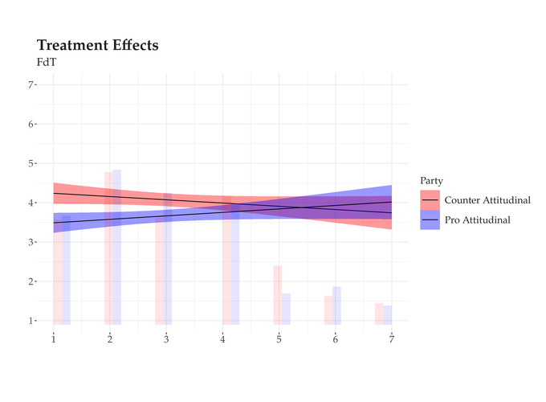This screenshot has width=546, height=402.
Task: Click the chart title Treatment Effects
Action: (x=97, y=45)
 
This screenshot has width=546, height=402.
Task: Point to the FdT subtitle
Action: (x=47, y=63)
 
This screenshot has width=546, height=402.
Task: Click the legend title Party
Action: (x=431, y=181)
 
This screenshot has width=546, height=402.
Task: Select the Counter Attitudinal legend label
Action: (x=487, y=200)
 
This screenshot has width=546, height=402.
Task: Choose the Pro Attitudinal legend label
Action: (x=478, y=220)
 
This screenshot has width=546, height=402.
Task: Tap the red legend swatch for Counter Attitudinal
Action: (x=430, y=200)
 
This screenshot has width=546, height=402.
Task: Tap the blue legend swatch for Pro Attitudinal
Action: (x=430, y=220)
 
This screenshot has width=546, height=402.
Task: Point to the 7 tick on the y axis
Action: (x=31, y=84)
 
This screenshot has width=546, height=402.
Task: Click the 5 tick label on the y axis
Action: (x=31, y=163)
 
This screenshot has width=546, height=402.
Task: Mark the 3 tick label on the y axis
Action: (x=31, y=242)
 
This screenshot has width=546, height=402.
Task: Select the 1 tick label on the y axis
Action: (x=31, y=321)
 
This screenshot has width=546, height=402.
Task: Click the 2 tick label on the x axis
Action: (x=110, y=339)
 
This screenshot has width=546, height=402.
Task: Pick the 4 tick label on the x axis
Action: (x=222, y=339)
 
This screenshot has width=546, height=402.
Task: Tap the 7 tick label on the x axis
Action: (x=392, y=339)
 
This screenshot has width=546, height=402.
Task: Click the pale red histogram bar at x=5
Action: (x=278, y=295)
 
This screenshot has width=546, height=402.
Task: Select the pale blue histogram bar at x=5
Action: (x=286, y=309)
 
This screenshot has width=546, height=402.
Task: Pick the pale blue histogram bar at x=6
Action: (x=336, y=306)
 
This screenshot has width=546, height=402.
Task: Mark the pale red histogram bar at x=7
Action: (x=379, y=314)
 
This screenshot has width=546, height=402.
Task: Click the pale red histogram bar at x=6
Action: (x=328, y=310)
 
